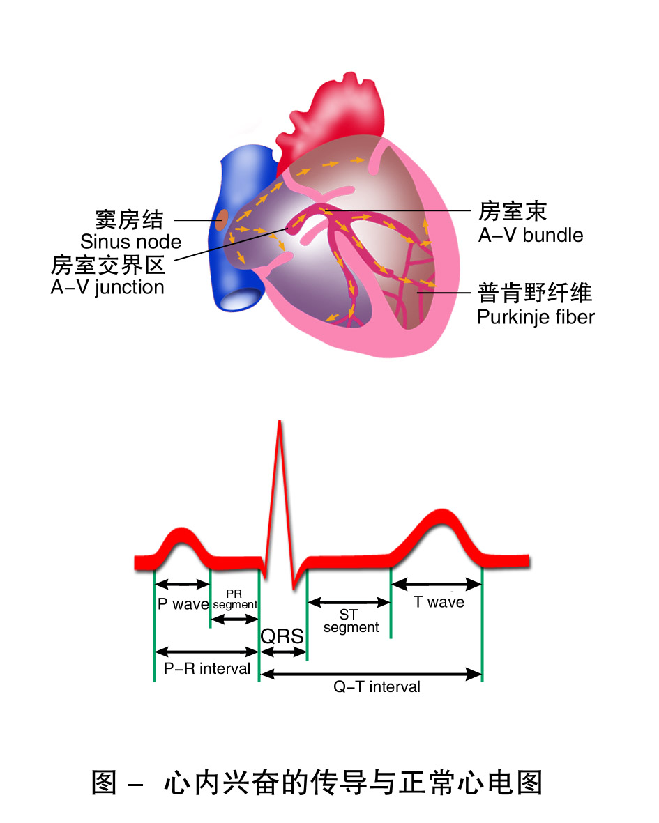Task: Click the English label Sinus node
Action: coord(130,242)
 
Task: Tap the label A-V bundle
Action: coord(531,235)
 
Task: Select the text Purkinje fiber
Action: coord(536,317)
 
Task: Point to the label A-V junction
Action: coord(107,287)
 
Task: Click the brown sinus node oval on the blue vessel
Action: coord(221,220)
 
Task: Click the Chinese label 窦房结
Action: coord(130,220)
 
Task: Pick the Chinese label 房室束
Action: coord(513,211)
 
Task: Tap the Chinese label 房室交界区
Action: coord(108,265)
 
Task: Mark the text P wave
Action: coord(183,604)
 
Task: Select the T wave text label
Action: coord(439,602)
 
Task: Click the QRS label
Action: coord(282,636)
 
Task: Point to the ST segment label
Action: coord(351,621)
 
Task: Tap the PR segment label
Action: coord(235,600)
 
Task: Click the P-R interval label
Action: coord(207,669)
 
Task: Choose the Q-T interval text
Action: coord(377,687)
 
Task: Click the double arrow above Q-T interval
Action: coord(370,674)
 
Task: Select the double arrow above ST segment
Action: coord(349,602)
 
